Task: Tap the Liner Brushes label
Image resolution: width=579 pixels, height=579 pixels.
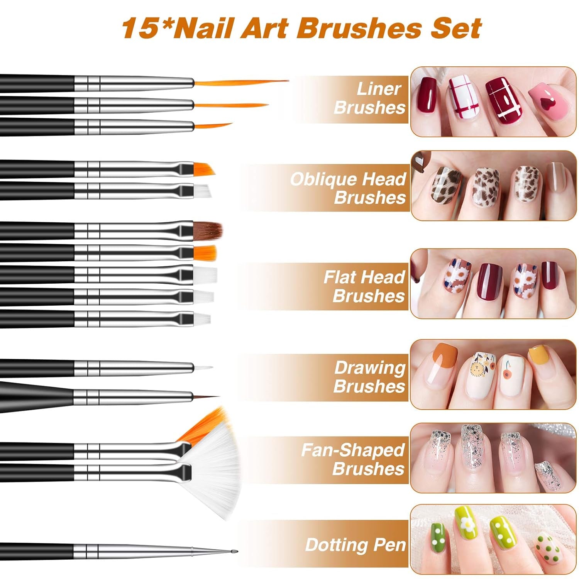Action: [370, 98]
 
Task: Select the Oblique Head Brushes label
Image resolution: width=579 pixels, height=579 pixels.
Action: [348, 188]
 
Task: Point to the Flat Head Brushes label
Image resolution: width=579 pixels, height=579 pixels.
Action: [364, 286]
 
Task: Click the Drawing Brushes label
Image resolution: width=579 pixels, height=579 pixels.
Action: [369, 377]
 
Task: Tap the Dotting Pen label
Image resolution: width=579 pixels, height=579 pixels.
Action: [356, 545]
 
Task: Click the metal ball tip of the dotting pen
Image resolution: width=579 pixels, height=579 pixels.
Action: [235, 552]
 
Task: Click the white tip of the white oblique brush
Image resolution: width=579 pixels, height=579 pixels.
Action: [202, 191]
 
